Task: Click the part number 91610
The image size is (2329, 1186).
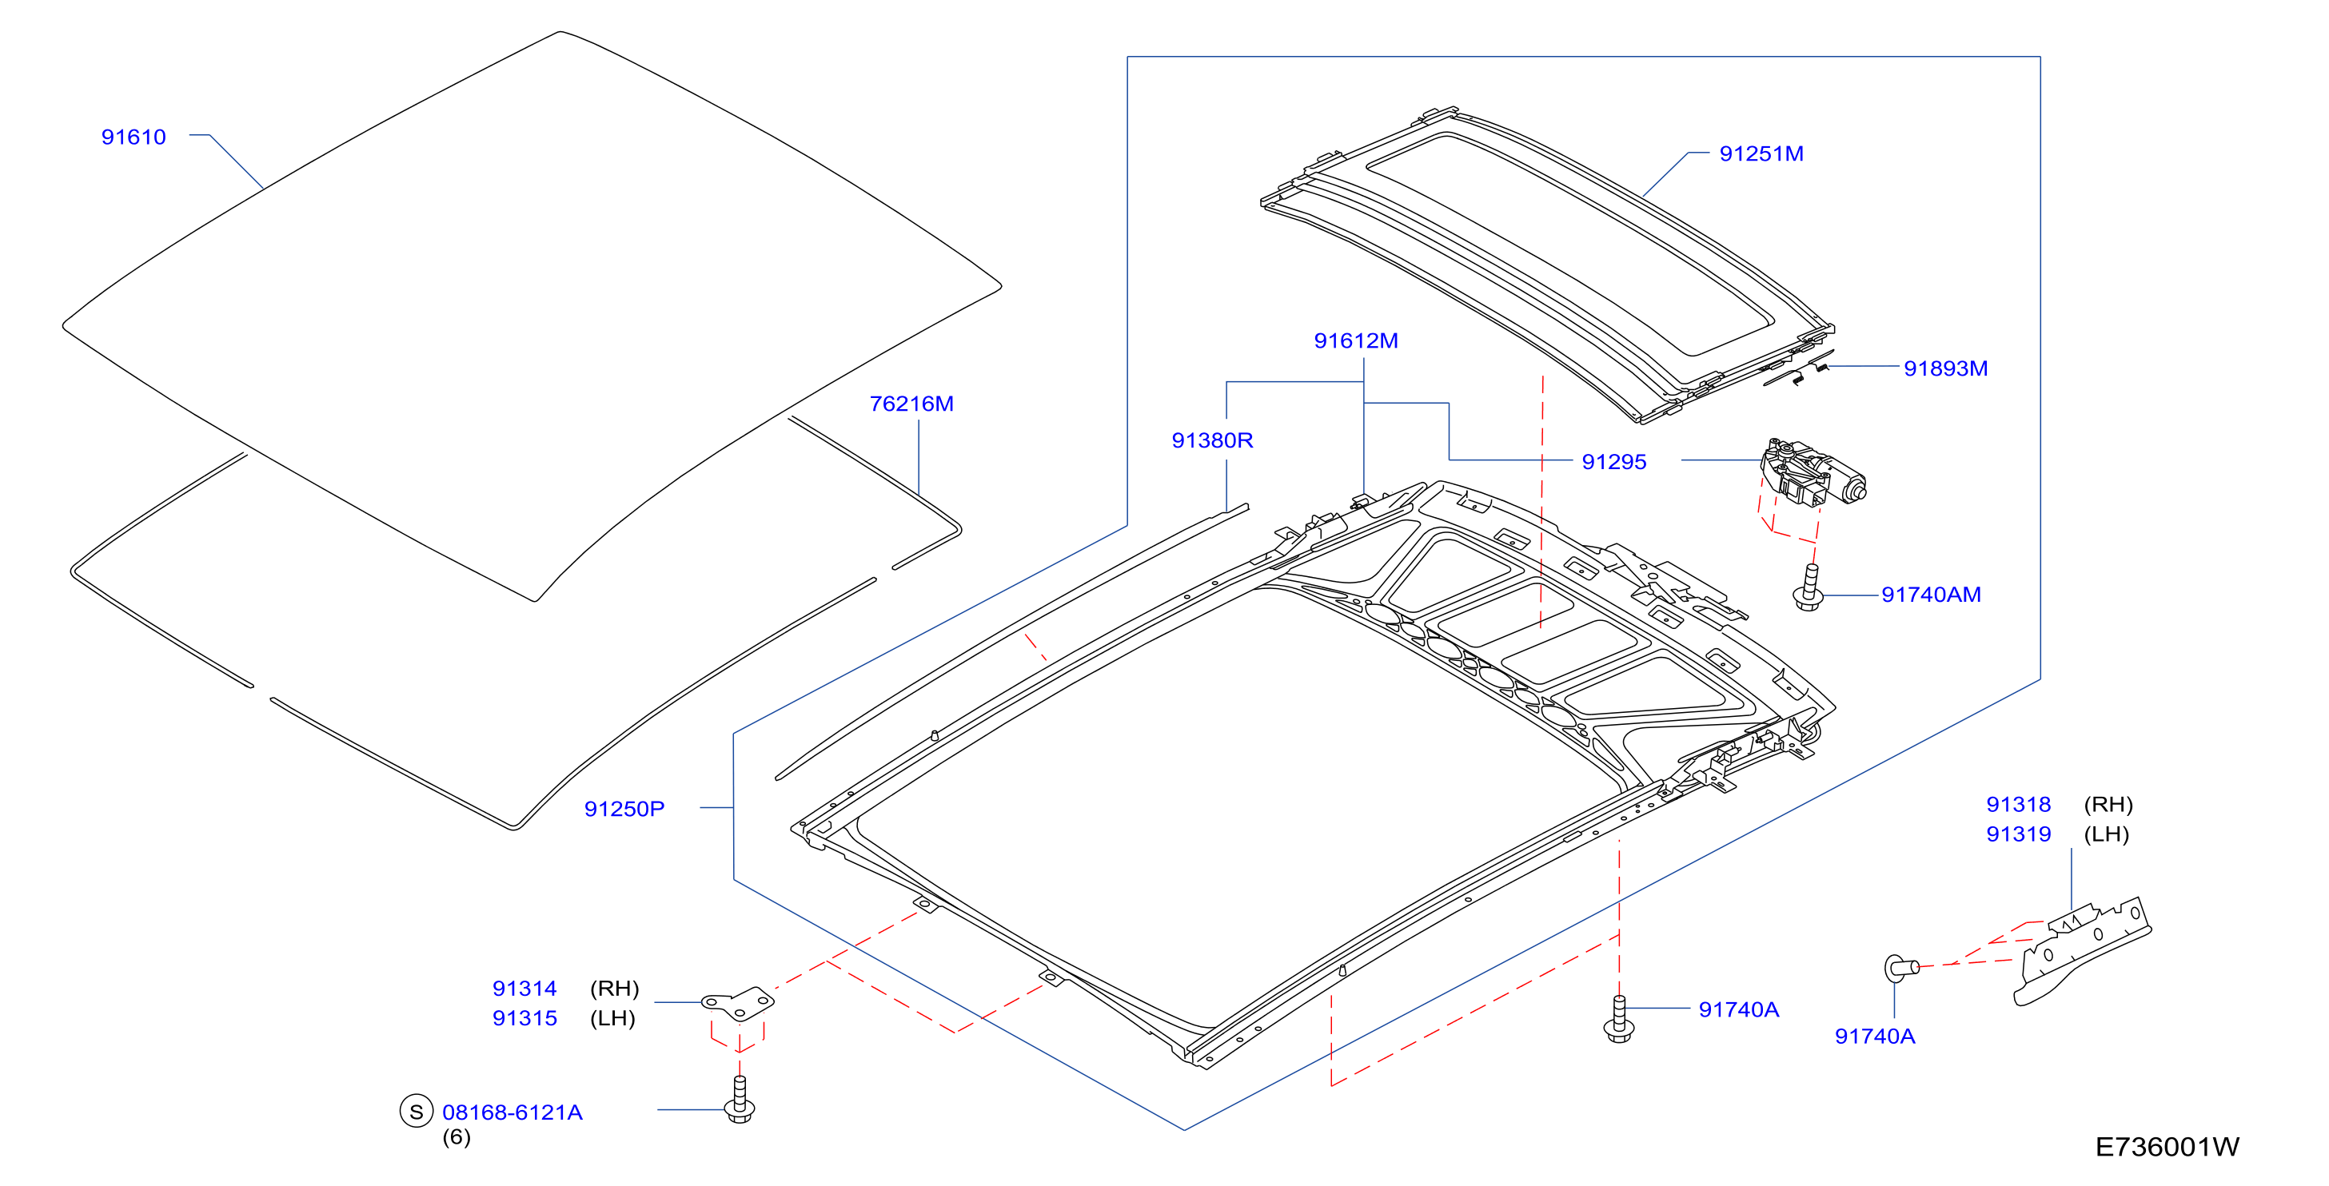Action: pos(134,137)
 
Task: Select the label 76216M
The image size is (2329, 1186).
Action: pos(911,404)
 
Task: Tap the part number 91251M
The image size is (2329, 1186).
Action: pos(1761,153)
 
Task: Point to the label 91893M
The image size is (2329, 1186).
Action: pos(1946,368)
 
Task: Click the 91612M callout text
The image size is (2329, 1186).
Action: pos(1356,340)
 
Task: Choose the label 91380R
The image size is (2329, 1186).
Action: pos(1212,440)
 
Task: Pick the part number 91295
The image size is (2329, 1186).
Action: pos(1614,462)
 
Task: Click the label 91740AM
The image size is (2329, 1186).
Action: pos(1931,595)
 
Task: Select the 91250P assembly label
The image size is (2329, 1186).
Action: pos(624,809)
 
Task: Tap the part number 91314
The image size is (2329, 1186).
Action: pos(524,989)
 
